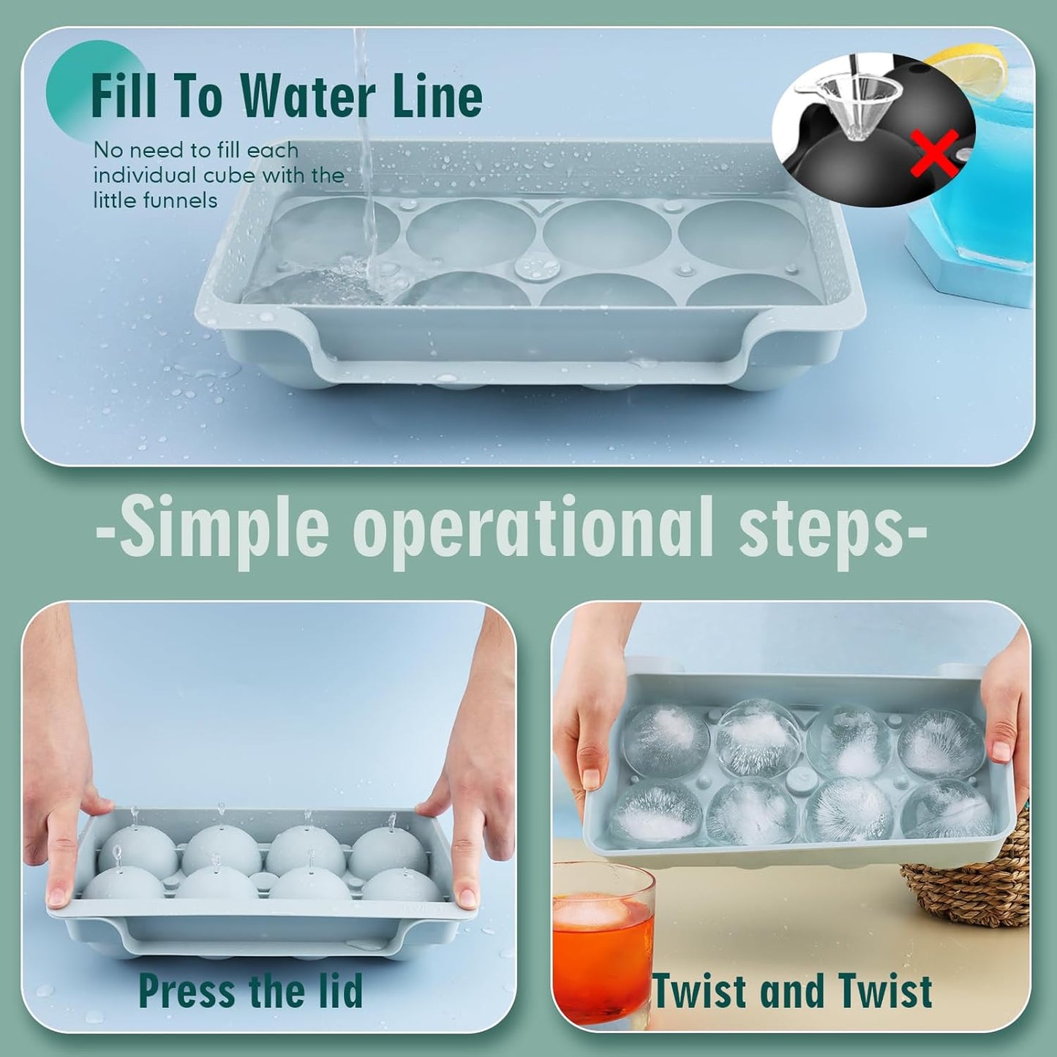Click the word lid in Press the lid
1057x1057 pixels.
point(338,990)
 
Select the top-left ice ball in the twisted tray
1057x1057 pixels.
point(656,740)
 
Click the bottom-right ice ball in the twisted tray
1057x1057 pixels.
point(948,808)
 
